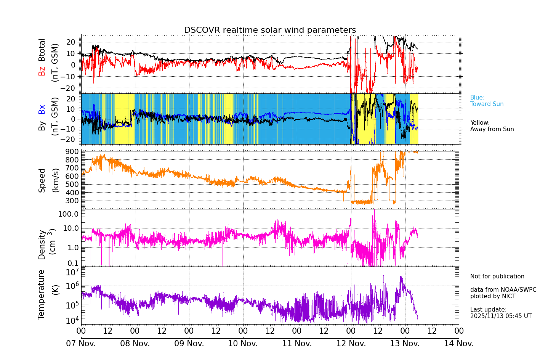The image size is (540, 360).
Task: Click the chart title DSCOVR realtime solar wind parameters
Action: [270, 30]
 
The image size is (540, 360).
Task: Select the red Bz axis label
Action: [42, 71]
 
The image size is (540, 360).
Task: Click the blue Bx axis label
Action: [42, 109]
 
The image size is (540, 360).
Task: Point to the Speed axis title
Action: [42, 180]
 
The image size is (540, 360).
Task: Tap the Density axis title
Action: [42, 244]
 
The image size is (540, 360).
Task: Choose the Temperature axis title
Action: [41, 294]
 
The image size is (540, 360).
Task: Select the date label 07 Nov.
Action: [81, 344]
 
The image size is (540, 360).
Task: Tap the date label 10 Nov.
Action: [243, 344]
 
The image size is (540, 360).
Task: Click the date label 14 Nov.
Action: [459, 344]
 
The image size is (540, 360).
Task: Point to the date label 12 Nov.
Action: [351, 344]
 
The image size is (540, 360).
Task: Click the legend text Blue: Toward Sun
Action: [487, 101]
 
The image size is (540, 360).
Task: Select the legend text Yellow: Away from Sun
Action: [492, 126]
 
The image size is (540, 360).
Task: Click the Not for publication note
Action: [497, 276]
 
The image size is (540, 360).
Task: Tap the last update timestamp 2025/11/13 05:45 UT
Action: [501, 316]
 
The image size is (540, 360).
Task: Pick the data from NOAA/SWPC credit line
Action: [503, 290]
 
